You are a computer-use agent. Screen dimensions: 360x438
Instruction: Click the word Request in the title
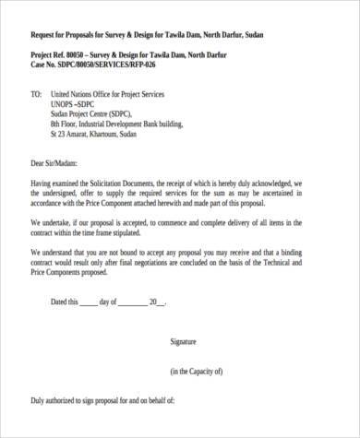coord(46,34)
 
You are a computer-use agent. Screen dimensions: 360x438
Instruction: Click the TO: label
coord(36,94)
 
